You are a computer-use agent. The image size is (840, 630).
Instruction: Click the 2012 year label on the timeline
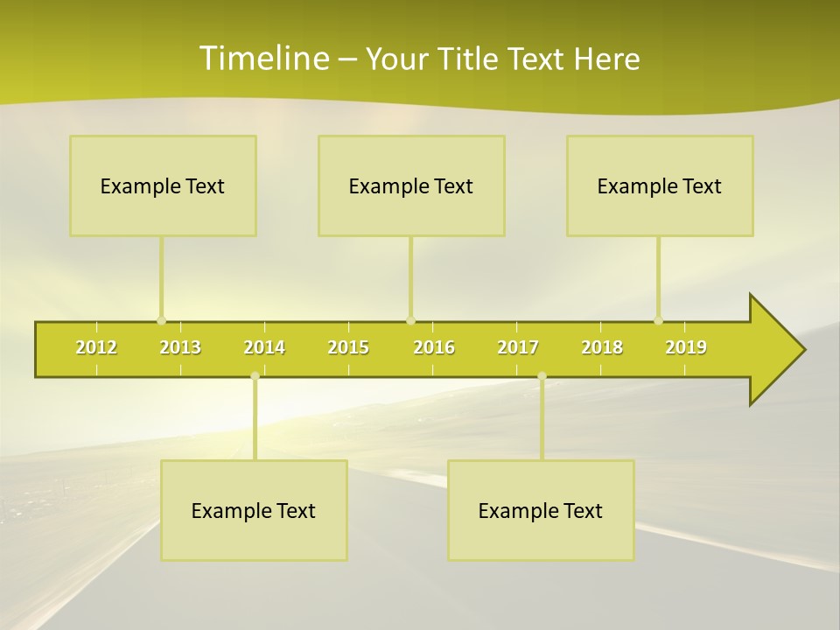[x=96, y=347]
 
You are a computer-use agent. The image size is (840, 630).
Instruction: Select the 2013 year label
[x=180, y=347]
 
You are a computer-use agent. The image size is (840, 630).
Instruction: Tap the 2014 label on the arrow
[x=264, y=347]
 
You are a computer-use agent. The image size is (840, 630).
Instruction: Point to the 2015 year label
[x=348, y=347]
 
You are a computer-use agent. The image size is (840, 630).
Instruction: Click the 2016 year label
[x=434, y=347]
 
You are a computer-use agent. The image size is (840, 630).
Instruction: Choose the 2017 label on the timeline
[x=518, y=347]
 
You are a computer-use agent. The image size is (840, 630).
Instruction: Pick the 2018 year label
[x=602, y=347]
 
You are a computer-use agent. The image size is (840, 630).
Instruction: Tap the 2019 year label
[x=686, y=347]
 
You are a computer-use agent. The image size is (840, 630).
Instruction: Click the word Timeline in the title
[x=263, y=59]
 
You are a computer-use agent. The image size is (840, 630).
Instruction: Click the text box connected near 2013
[x=163, y=185]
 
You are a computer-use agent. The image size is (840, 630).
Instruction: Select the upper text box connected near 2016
[x=411, y=185]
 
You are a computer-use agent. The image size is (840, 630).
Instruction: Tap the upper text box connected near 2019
[x=660, y=185]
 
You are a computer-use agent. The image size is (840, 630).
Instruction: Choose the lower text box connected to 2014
[x=254, y=510]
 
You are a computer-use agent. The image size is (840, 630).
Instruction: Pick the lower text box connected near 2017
[x=541, y=510]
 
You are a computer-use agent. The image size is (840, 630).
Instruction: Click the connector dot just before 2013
[x=161, y=320]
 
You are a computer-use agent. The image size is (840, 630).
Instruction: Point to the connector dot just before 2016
[x=411, y=320]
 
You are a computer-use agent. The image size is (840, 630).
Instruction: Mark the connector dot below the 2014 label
[x=255, y=376]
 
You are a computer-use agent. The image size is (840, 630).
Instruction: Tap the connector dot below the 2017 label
[x=542, y=376]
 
